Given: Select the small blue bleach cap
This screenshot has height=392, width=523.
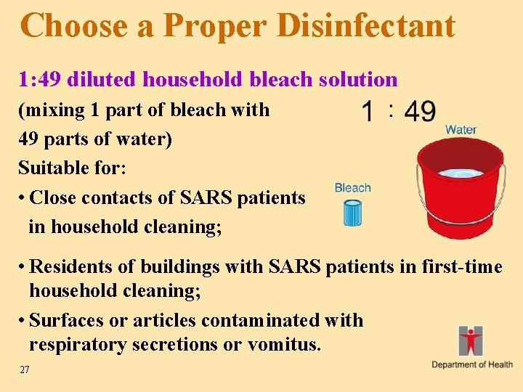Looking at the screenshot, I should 352,214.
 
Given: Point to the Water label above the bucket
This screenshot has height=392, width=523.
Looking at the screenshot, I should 461,130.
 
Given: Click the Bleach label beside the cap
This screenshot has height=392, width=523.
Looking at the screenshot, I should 352,188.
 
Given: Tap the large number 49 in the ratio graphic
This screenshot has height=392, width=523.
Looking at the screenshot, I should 420,112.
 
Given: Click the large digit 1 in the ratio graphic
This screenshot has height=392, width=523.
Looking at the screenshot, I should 369,113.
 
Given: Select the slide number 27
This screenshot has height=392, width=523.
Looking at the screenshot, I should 25,370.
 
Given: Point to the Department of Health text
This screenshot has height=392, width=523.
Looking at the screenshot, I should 472,364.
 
